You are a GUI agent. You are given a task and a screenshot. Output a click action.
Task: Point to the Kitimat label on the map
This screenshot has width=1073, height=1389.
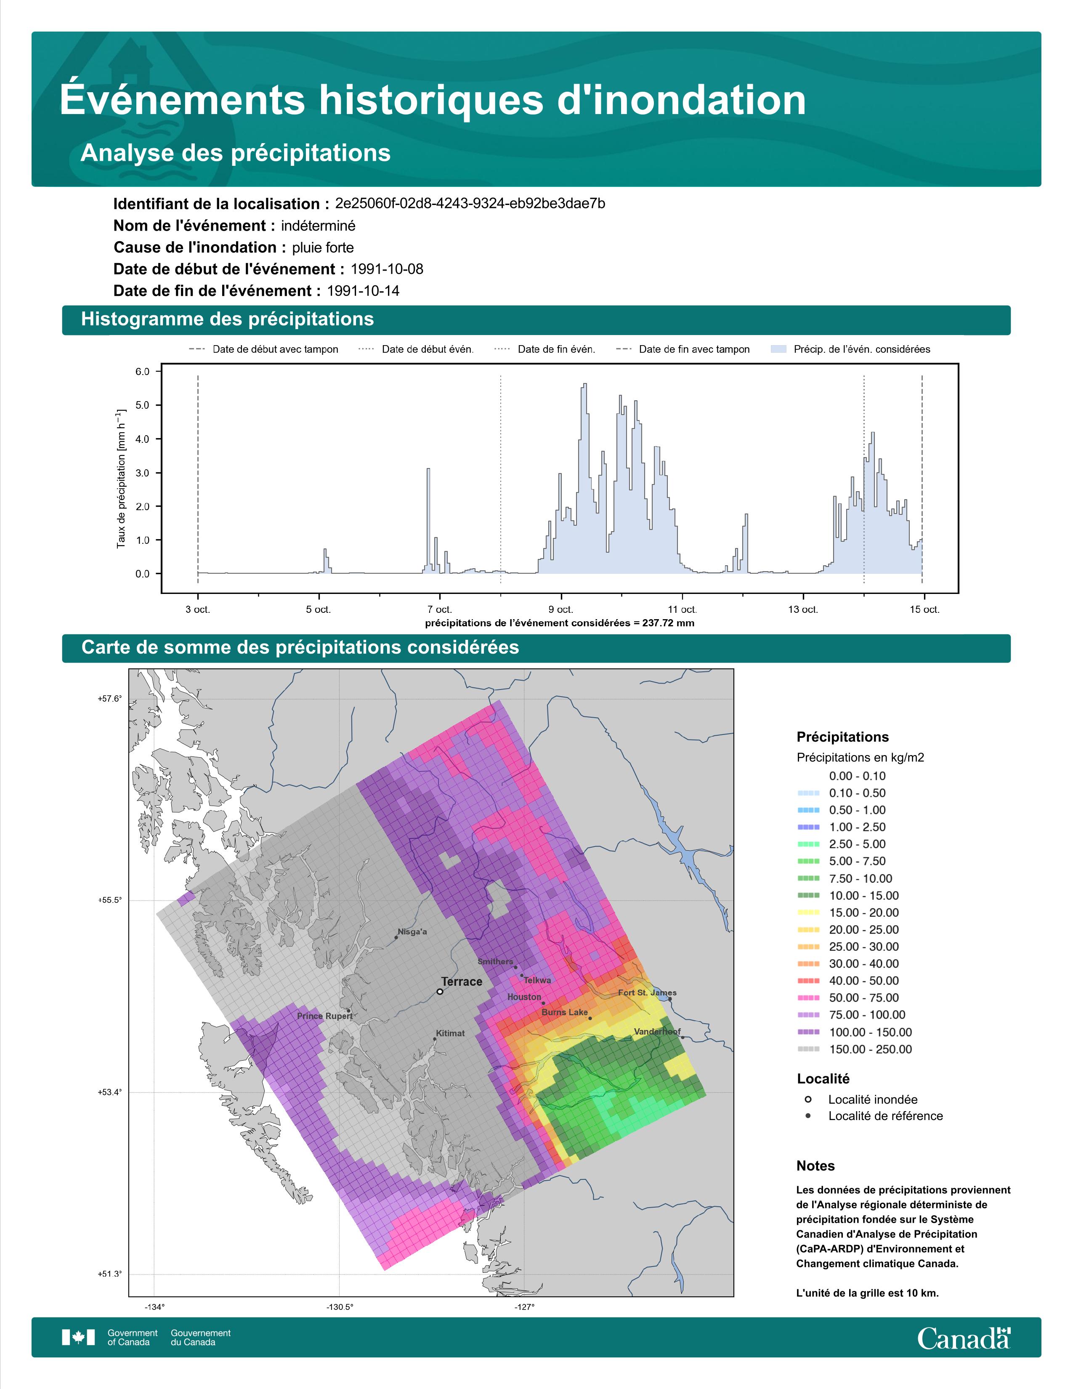point(450,1033)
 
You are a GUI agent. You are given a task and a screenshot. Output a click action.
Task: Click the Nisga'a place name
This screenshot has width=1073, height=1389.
point(412,932)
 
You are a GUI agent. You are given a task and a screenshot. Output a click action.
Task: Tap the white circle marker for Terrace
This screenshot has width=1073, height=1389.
point(440,992)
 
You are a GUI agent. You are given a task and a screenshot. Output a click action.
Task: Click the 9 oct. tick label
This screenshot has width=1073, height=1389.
point(560,609)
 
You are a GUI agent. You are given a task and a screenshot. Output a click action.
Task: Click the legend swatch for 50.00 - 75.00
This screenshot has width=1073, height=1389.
point(808,998)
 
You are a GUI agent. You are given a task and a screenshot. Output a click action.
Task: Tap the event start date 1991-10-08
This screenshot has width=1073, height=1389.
point(386,269)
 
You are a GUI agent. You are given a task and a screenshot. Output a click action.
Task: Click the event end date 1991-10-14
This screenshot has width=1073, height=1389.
point(363,291)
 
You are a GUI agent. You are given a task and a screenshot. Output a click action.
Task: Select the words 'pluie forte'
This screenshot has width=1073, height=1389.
point(323,247)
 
